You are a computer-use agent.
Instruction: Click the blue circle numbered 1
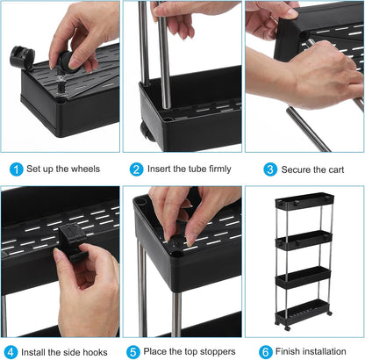(x=17, y=169)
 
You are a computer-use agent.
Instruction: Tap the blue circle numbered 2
(x=137, y=169)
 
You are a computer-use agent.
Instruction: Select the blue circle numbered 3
(x=270, y=169)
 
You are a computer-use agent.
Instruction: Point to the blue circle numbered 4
(x=11, y=352)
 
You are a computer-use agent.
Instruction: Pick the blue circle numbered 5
(x=133, y=352)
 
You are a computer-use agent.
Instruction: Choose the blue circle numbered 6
(x=266, y=352)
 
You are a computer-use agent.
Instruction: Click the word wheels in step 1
(x=85, y=169)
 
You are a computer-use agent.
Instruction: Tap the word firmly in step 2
(x=216, y=169)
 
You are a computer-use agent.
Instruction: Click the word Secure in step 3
(x=296, y=169)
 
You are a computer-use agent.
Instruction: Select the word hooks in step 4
(x=95, y=352)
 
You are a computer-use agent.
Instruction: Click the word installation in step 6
(x=324, y=351)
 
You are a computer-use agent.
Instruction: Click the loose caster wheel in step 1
(x=22, y=56)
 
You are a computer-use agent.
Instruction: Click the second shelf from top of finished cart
(x=304, y=241)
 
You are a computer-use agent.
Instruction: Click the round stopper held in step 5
(x=177, y=241)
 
